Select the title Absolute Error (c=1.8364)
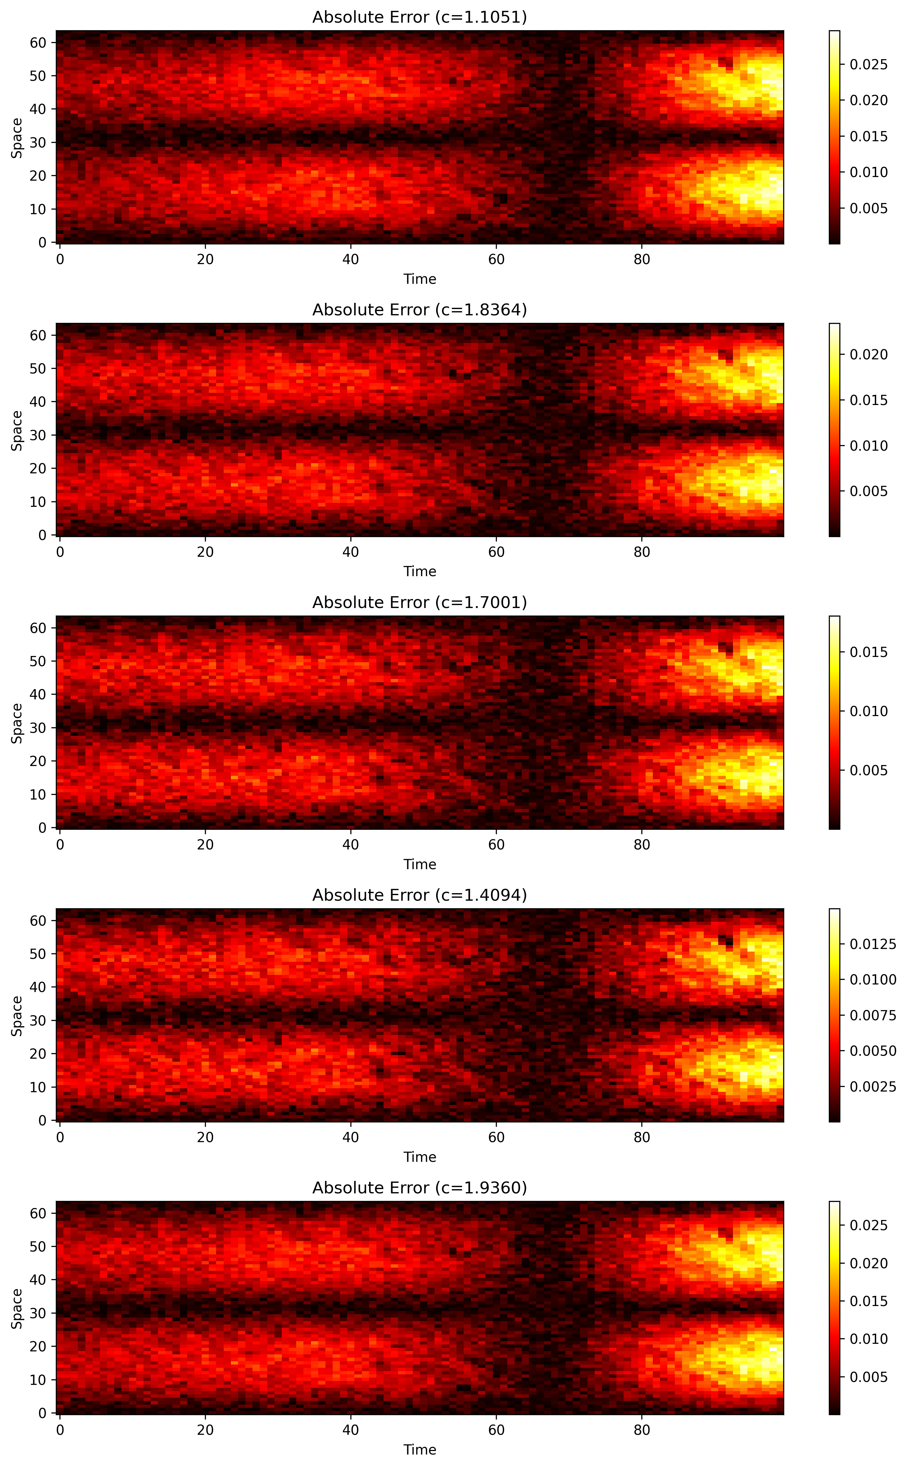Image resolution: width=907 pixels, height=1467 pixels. pos(419,310)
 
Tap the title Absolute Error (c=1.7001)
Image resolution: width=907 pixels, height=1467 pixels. pos(419,602)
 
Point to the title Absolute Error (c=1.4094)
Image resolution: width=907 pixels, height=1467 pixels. pos(419,895)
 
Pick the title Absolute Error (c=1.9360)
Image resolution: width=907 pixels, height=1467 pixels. pos(419,1188)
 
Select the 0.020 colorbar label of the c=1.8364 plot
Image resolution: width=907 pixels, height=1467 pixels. pos(868,355)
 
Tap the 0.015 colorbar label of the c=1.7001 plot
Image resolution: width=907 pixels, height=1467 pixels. pos(868,652)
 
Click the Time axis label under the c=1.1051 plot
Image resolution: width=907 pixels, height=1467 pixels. pos(419,279)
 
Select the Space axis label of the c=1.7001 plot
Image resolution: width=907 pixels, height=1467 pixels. pos(17,723)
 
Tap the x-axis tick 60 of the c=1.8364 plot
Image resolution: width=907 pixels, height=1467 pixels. pos(496,552)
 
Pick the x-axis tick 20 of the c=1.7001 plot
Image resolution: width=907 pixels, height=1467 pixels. pos(205,845)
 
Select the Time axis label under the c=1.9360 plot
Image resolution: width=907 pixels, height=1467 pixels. pos(419,1450)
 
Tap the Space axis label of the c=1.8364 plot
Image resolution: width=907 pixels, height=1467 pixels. pos(17,430)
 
